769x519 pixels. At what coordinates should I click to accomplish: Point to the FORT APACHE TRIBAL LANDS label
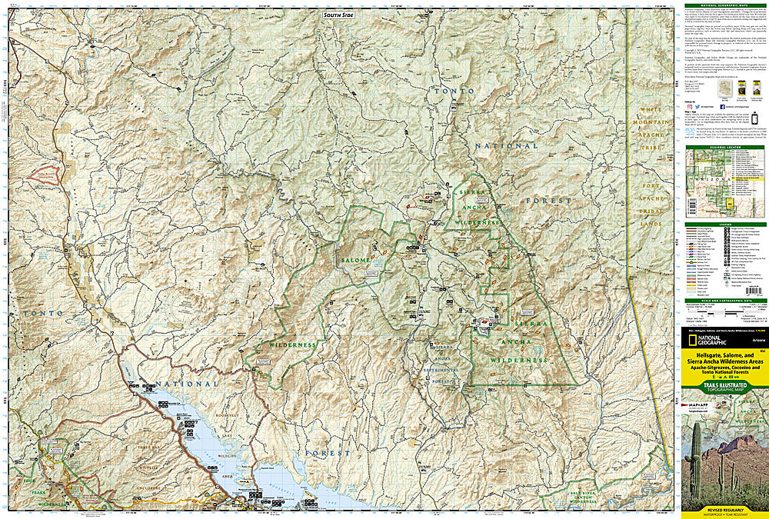[x=652, y=205]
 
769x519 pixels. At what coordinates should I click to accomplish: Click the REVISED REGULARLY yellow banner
[x=724, y=509]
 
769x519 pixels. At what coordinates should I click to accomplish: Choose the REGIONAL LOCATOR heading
[x=724, y=146]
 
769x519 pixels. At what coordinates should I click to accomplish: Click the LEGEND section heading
[x=724, y=224]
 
